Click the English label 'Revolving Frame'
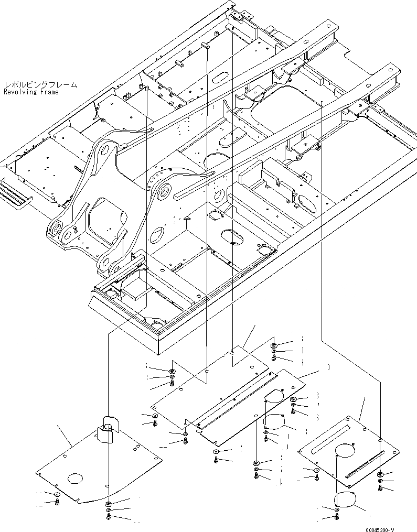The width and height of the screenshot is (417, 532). [x=31, y=92]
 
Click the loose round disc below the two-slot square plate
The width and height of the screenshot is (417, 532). [x=346, y=501]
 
